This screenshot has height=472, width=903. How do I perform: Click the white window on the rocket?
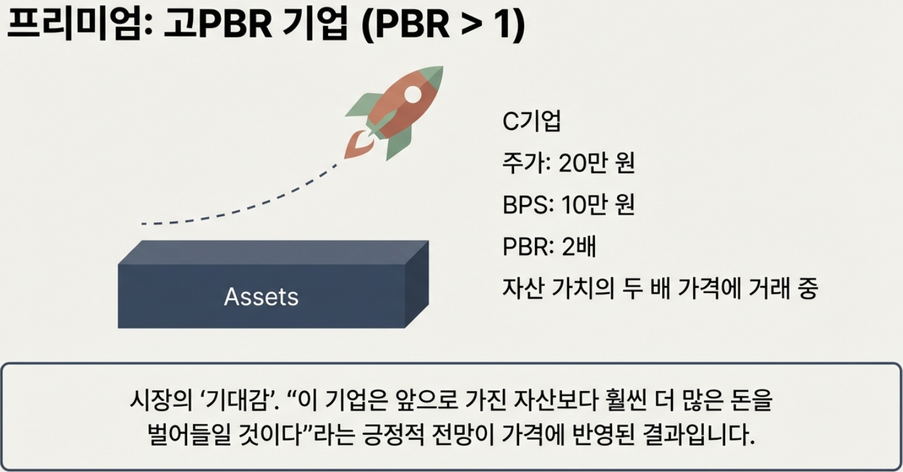coord(412,94)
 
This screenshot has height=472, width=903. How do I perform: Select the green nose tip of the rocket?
coord(433,77)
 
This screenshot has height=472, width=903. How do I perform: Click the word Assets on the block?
coord(261,297)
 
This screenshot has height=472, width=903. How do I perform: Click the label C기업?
coord(531,121)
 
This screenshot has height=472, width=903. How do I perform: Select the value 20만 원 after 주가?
coord(597,163)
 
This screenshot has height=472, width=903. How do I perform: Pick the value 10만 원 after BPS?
coord(598,204)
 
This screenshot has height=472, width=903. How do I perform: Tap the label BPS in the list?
coord(525,205)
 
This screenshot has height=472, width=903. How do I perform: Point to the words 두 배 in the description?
coord(646,289)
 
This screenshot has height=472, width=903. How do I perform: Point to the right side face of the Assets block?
coord(417,285)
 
